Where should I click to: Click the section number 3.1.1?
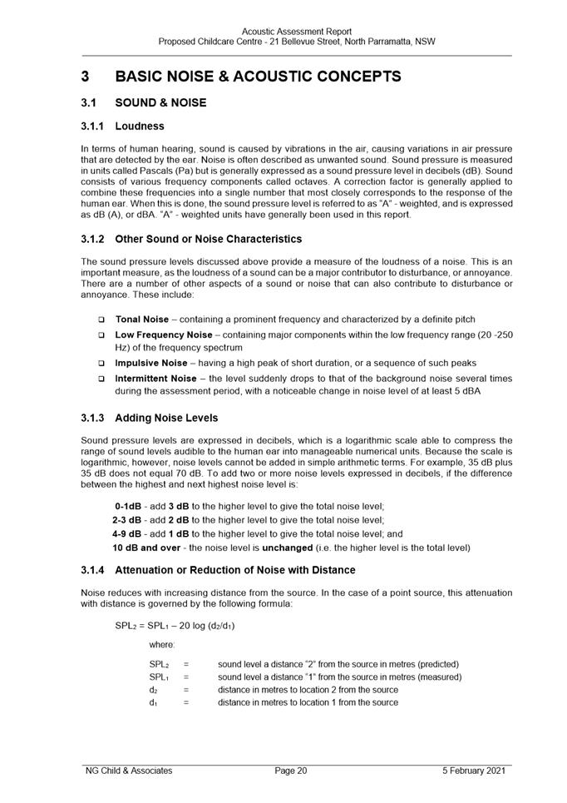(x=93, y=127)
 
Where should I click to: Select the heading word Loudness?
(x=140, y=127)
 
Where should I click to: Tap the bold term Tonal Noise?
(x=141, y=320)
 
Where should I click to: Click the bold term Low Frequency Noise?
(x=163, y=335)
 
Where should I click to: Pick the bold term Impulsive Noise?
(x=150, y=363)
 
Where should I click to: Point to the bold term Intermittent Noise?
(x=155, y=379)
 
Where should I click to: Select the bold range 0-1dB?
(x=128, y=506)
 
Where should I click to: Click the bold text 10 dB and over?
(x=146, y=548)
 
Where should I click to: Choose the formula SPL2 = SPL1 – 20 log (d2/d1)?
(x=175, y=625)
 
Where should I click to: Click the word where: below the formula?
(x=162, y=645)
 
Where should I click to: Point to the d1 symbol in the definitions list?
(x=153, y=702)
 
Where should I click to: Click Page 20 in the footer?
(x=291, y=771)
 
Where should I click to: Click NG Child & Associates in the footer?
(x=129, y=771)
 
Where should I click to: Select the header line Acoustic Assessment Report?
(x=296, y=32)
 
